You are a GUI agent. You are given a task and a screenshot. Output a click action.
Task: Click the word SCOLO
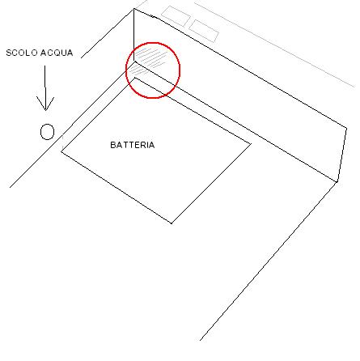(x=22, y=53)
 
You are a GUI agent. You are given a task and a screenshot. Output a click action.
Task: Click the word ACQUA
(x=57, y=53)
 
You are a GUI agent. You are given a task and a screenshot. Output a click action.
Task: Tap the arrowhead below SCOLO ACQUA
(x=45, y=104)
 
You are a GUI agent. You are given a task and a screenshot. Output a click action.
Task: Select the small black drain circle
(x=47, y=132)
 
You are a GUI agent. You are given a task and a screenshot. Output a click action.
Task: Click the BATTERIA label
(x=133, y=145)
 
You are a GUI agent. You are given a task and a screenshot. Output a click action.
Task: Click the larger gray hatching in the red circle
(x=150, y=57)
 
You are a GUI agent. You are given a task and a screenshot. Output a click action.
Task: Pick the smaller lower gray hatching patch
(x=138, y=70)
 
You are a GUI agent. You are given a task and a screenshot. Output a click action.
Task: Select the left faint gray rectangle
(x=176, y=16)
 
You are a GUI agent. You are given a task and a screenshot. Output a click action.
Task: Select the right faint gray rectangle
(x=204, y=31)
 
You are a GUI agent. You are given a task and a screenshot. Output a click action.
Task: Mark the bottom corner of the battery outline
(x=172, y=223)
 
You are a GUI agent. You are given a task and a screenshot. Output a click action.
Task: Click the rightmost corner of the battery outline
(x=252, y=144)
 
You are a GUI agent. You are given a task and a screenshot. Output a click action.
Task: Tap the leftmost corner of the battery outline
(x=61, y=151)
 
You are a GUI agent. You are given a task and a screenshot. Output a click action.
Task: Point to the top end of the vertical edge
(x=134, y=9)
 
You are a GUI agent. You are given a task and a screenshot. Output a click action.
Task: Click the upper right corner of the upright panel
(x=346, y=128)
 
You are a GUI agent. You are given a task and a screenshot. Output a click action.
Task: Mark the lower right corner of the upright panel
(x=337, y=182)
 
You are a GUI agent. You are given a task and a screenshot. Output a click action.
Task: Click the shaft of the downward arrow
(x=45, y=87)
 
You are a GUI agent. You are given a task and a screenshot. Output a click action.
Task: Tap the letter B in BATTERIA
(x=113, y=145)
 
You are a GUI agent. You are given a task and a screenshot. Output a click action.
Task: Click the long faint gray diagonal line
(x=274, y=45)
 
